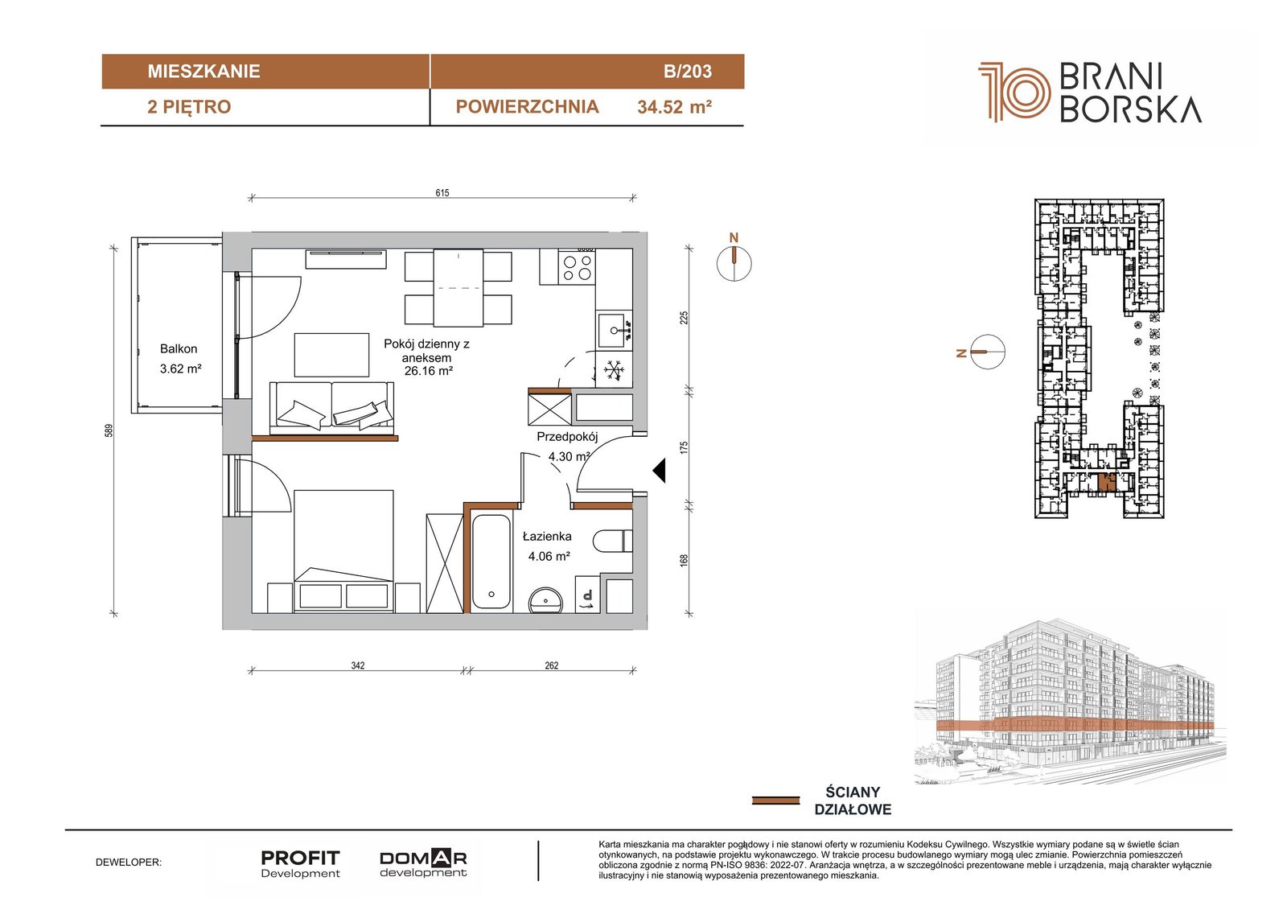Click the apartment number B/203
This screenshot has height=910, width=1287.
[x=687, y=72]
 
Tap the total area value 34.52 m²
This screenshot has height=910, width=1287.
[x=675, y=107]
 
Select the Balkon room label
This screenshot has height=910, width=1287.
[x=178, y=348]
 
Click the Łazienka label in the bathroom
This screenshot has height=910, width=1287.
[x=547, y=537]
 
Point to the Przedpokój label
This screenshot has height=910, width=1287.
[x=567, y=437]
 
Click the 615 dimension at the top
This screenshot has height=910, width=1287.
[x=442, y=192]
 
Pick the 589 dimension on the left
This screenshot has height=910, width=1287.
[x=109, y=430]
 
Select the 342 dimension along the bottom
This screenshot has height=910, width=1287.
[x=357, y=665]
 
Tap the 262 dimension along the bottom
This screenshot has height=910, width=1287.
[x=551, y=665]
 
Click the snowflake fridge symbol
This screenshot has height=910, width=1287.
[x=614, y=369]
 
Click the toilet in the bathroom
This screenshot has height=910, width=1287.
[x=612, y=541]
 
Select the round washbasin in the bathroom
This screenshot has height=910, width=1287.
[x=546, y=600]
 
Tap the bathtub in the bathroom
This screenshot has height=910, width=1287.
[x=491, y=562]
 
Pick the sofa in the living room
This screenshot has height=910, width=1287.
[x=332, y=408]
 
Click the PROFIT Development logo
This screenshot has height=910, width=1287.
[x=300, y=864]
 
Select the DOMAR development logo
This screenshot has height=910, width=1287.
[x=423, y=864]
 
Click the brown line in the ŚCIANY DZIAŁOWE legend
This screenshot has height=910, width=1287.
[x=775, y=801]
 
